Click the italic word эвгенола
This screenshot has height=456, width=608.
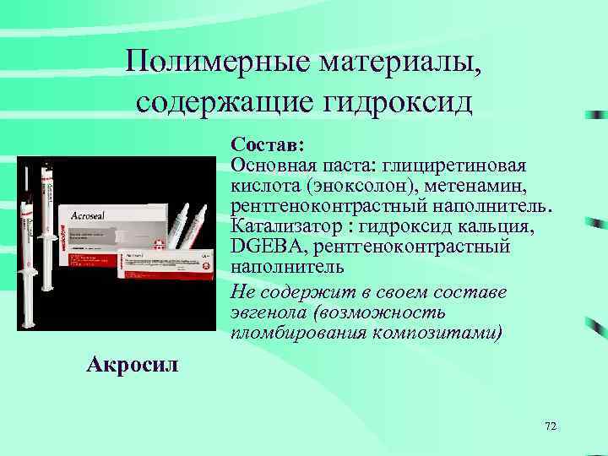269,312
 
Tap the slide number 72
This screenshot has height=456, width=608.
551,427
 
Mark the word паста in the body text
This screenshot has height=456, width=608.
347,163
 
